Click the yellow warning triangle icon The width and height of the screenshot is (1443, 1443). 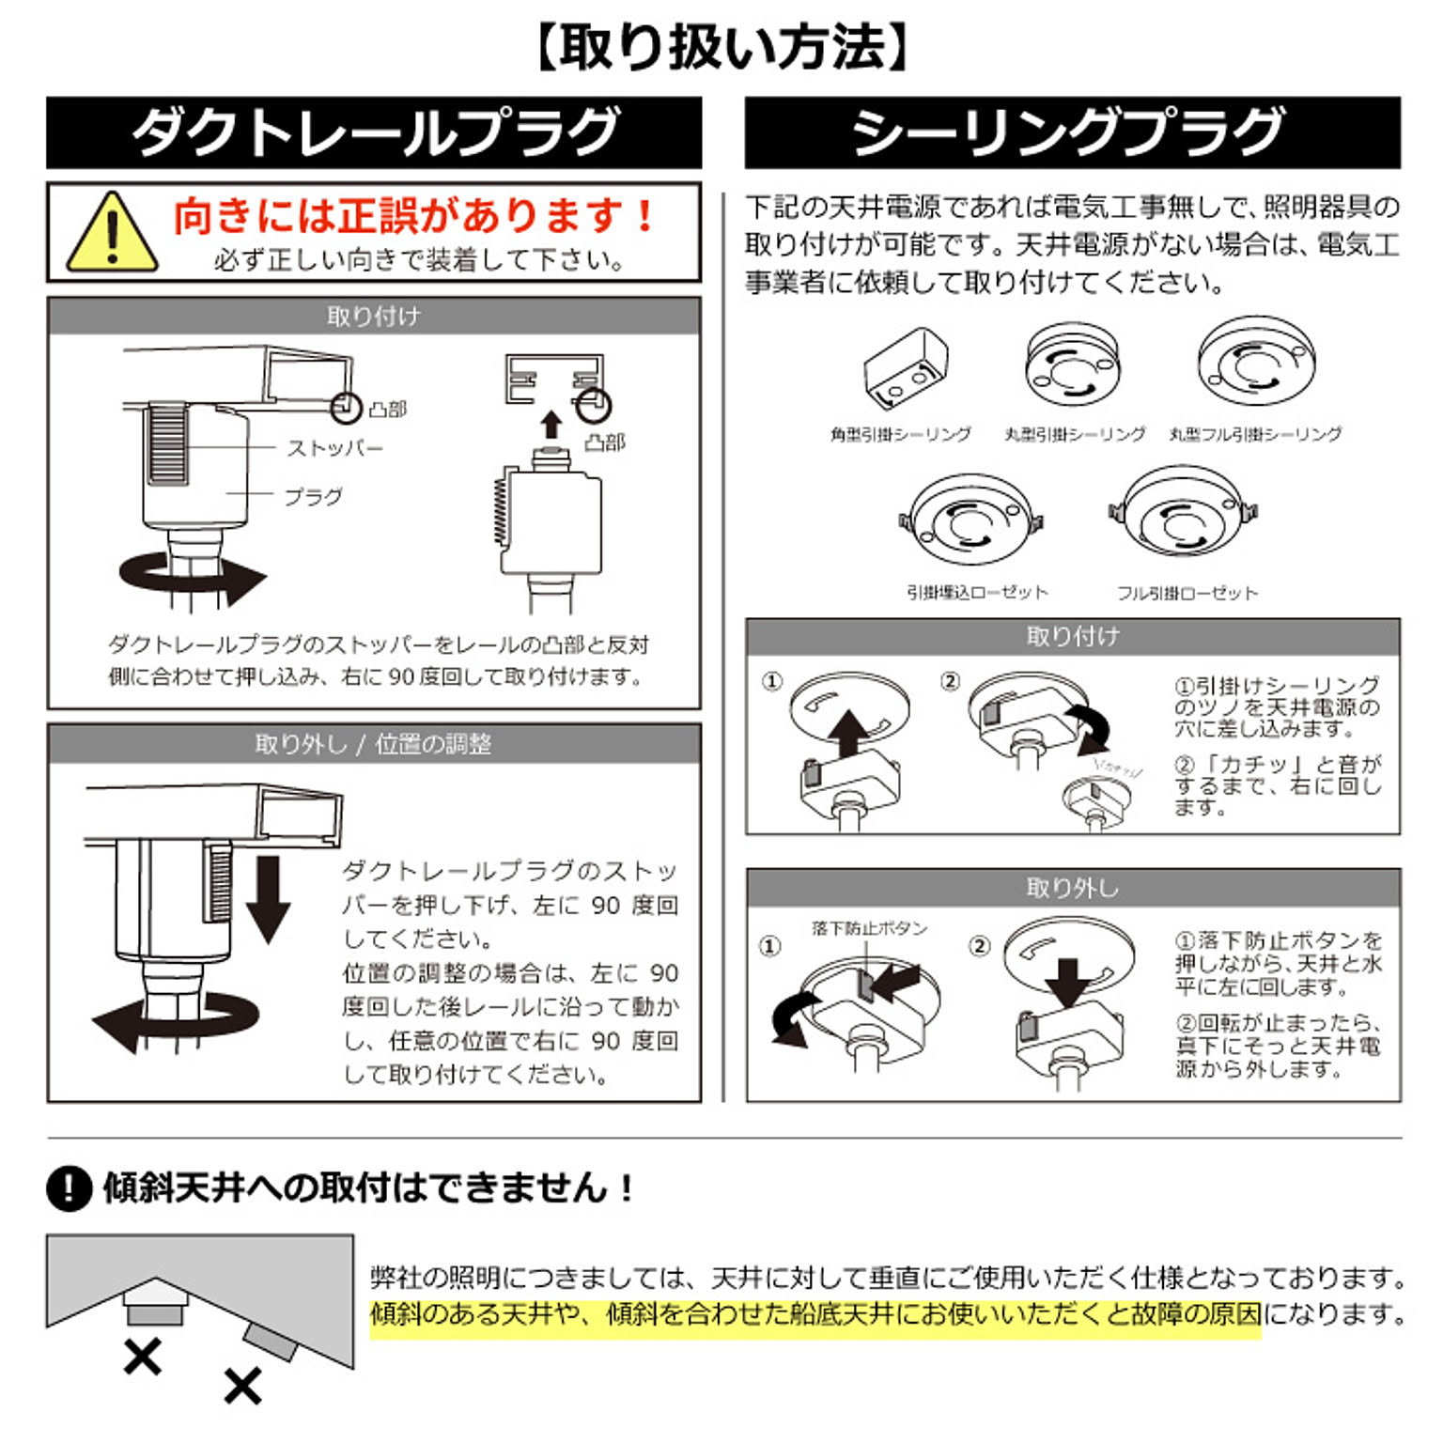pyautogui.click(x=112, y=233)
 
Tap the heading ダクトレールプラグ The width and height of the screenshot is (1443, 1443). pyautogui.click(x=374, y=132)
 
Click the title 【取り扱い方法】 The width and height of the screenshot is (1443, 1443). pyautogui.click(x=721, y=48)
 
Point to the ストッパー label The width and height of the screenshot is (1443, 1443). pyautogui.click(x=335, y=448)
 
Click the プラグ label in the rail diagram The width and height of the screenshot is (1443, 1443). pyautogui.click(x=313, y=496)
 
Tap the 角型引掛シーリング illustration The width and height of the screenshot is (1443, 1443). pyautogui.click(x=905, y=368)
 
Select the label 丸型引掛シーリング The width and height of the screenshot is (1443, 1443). pyautogui.click(x=1074, y=434)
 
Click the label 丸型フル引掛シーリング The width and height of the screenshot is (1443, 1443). pyautogui.click(x=1255, y=434)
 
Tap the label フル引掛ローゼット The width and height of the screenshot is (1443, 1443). pyautogui.click(x=1187, y=593)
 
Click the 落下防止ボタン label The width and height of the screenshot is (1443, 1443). pyautogui.click(x=870, y=928)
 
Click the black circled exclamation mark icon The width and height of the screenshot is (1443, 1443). pyautogui.click(x=69, y=1187)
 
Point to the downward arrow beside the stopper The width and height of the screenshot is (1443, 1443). pyautogui.click(x=269, y=899)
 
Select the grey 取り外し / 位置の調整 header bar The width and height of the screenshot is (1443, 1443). pyautogui.click(x=374, y=744)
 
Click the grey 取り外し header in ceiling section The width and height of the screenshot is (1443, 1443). pyautogui.click(x=1073, y=888)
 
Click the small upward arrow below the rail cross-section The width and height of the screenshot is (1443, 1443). pyautogui.click(x=552, y=425)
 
